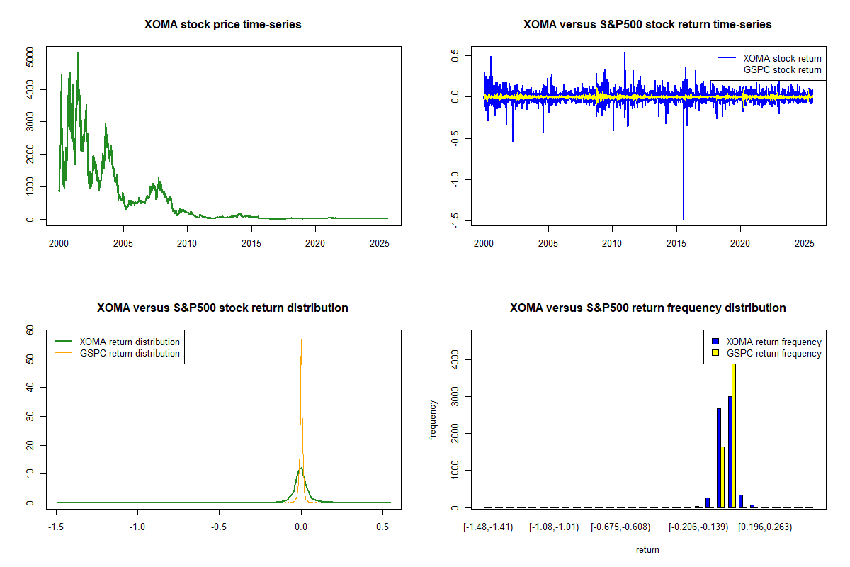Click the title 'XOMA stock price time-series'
tap(223, 25)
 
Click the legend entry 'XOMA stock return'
tap(782, 58)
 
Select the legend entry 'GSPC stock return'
tap(782, 69)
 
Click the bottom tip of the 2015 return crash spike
tap(684, 218)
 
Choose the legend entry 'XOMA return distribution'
tap(130, 342)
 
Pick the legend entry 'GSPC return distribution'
tap(130, 353)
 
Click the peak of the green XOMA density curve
tap(301, 468)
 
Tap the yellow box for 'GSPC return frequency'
tap(715, 353)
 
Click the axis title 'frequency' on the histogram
tap(433, 419)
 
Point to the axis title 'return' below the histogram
tap(647, 549)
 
